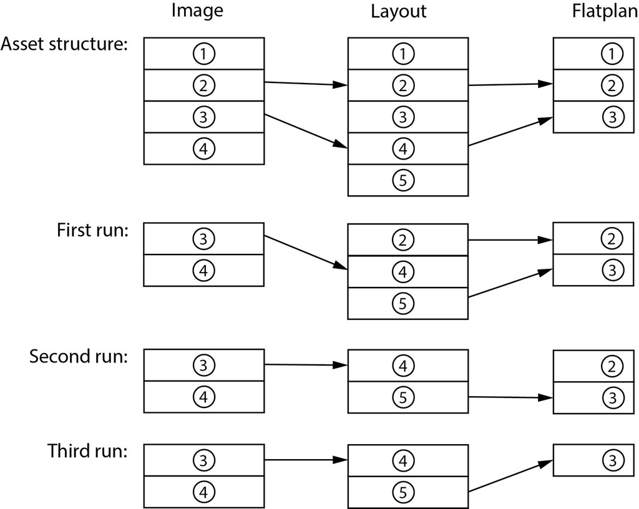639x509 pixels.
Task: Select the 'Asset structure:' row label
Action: point(64,44)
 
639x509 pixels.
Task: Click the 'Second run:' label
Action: point(79,357)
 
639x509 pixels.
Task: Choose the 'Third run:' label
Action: point(87,450)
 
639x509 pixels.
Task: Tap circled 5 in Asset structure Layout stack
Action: point(402,180)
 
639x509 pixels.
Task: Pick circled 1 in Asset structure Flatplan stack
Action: point(612,54)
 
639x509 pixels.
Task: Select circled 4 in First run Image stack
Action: point(203,271)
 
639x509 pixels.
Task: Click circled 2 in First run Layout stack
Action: point(402,240)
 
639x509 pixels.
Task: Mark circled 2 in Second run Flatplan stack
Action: point(612,366)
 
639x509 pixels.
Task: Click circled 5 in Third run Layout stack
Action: point(402,492)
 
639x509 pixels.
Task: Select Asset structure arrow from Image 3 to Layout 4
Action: point(306,131)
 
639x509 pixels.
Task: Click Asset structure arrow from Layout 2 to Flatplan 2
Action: point(510,85)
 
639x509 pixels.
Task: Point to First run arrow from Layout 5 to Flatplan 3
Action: point(510,283)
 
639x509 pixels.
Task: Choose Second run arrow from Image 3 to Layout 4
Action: point(306,365)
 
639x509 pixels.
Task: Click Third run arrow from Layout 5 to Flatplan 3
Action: point(510,476)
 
